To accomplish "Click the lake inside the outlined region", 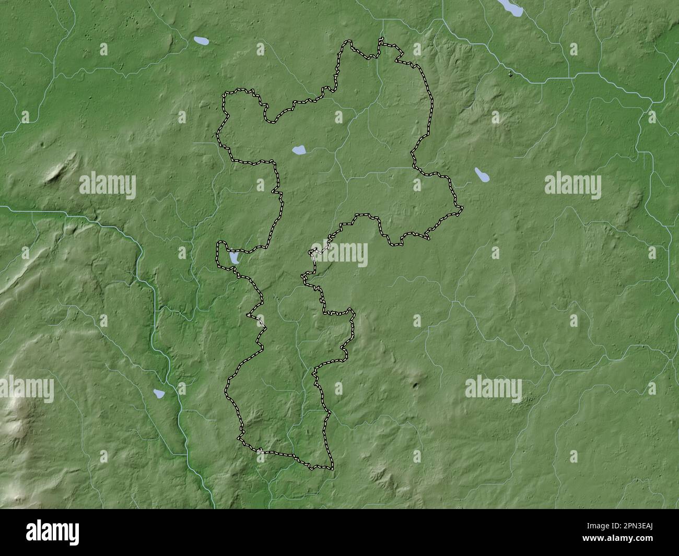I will tap(299, 151).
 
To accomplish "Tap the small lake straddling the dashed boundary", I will tap(233, 258).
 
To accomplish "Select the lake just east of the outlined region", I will tap(482, 175).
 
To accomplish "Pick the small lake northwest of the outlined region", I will tap(200, 40).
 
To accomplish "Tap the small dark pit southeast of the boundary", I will tap(416, 386).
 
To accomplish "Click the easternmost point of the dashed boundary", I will tap(462, 210).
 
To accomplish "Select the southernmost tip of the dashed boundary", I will tap(331, 469).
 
